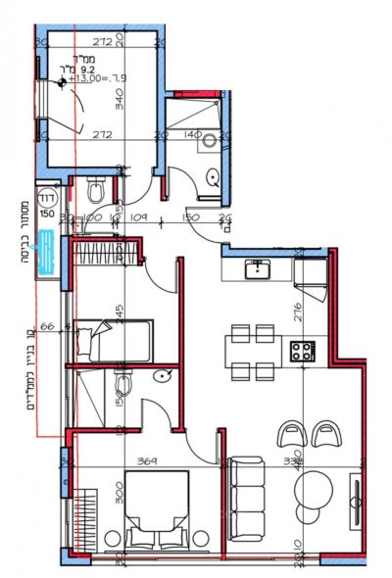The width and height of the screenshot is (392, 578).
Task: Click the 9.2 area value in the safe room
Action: pyautogui.click(x=86, y=70)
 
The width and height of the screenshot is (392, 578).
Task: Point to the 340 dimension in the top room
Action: pyautogui.click(x=118, y=99)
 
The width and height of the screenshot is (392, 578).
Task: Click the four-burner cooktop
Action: pyautogui.click(x=300, y=348)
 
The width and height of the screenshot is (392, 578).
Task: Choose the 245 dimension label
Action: pyautogui.click(x=118, y=315)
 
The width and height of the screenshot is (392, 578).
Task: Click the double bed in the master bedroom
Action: pyautogui.click(x=157, y=509)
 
